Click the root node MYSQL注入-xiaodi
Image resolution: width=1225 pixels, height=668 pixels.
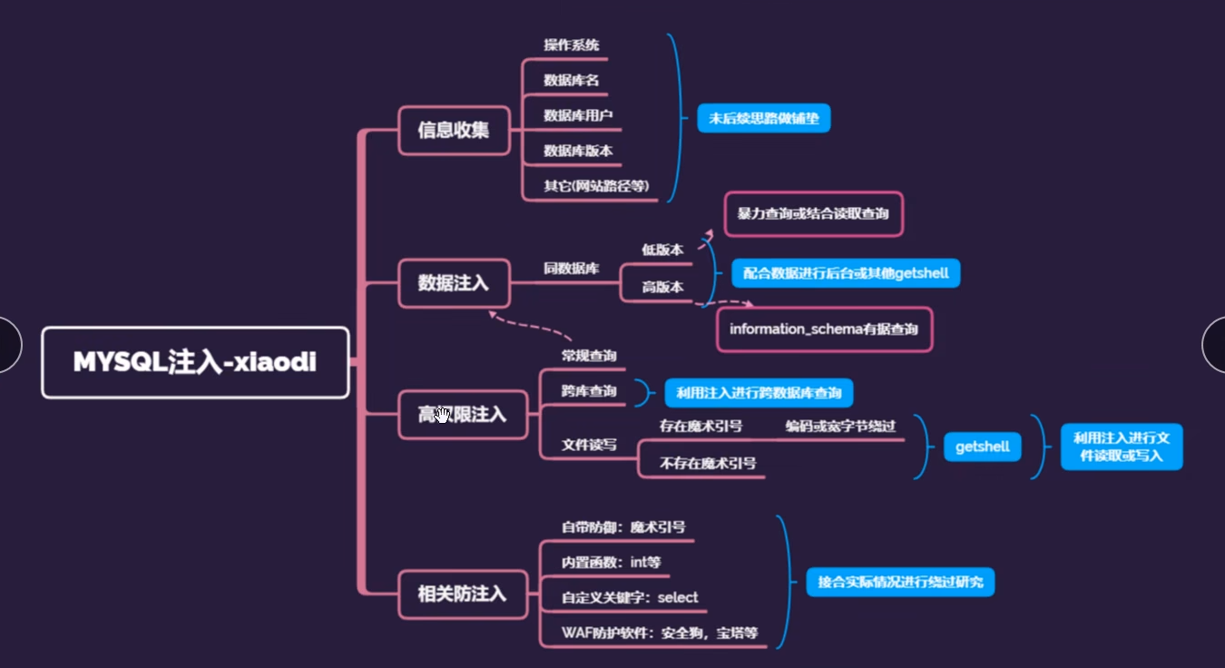click(x=195, y=362)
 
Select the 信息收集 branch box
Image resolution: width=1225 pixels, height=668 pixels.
click(x=453, y=130)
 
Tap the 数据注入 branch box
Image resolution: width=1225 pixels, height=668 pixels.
click(x=453, y=282)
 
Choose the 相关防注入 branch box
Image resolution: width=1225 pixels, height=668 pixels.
click(x=462, y=594)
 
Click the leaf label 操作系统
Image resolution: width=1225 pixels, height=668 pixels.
click(x=572, y=44)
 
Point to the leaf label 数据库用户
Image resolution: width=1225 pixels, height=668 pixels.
click(x=578, y=115)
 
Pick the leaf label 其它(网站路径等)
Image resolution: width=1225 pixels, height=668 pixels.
click(x=596, y=185)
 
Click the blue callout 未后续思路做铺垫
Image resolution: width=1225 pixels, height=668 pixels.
click(x=763, y=118)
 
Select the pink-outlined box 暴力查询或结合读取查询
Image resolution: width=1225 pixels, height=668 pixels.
click(x=813, y=214)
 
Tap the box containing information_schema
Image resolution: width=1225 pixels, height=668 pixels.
click(x=824, y=329)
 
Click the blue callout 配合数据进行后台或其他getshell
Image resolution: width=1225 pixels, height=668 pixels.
click(x=846, y=273)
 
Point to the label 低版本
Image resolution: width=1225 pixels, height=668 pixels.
click(x=662, y=249)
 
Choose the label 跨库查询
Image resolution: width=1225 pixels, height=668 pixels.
click(x=589, y=391)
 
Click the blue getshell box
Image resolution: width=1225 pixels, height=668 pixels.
click(x=982, y=447)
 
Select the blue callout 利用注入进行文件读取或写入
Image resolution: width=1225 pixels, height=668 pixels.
click(x=1122, y=446)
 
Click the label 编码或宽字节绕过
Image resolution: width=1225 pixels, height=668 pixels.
click(x=840, y=426)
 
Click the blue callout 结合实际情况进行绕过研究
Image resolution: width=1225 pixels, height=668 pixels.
click(x=900, y=582)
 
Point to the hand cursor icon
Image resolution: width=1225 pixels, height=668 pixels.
click(x=443, y=415)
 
